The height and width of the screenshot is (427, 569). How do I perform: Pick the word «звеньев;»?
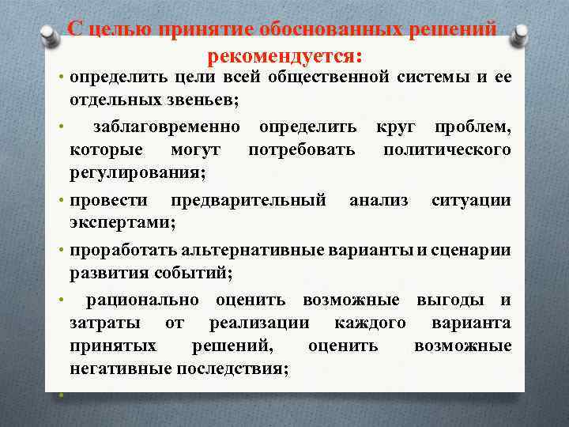point(207,100)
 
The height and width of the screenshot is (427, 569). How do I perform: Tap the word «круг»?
point(396,127)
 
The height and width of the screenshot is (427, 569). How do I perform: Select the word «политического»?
point(447,149)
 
